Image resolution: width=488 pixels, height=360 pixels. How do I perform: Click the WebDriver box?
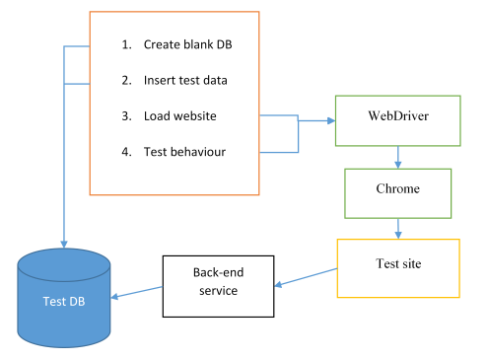pos(397,120)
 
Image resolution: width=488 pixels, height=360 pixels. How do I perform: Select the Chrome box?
pos(397,193)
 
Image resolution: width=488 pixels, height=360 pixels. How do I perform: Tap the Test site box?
pos(398,268)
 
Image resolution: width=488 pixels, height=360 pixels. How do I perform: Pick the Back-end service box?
pos(218,286)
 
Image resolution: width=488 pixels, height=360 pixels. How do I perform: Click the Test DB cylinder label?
pos(64,301)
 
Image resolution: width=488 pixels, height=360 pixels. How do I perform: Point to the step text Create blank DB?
pos(187,44)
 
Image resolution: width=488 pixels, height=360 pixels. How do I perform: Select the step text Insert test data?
pos(185,80)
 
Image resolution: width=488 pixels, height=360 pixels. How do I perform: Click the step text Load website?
pos(180,116)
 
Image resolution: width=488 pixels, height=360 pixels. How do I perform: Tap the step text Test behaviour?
pos(184,152)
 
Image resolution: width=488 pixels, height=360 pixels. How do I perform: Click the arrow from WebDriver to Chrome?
pos(398,157)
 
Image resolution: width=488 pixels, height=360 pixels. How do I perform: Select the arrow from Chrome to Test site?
pos(398,229)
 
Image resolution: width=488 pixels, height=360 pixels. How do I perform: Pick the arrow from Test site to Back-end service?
pos(306,277)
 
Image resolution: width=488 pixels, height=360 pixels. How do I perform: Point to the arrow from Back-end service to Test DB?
pos(137,292)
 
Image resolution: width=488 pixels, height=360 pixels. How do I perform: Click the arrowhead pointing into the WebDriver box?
pos(331,120)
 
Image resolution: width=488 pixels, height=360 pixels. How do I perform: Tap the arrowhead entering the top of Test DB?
pos(64,244)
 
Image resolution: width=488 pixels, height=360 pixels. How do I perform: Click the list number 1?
pos(126,44)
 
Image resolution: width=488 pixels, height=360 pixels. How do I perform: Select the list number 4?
pos(126,152)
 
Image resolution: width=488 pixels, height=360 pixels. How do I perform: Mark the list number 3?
pos(126,116)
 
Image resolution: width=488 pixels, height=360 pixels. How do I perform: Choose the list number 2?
pos(126,80)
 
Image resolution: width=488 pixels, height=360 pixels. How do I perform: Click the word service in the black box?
pos(218,291)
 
